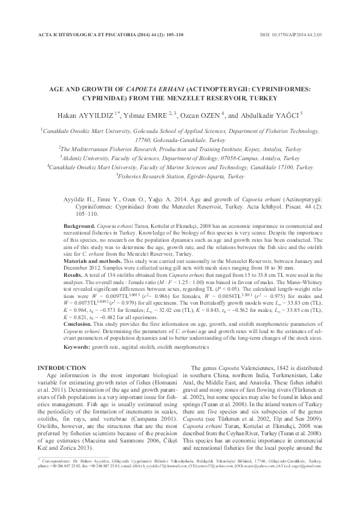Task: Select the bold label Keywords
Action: [78, 347]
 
